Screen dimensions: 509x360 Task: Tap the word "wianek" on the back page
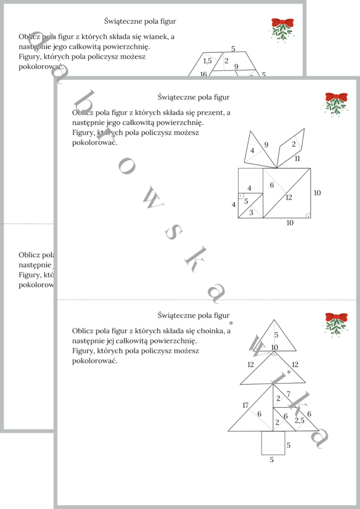coord(161,36)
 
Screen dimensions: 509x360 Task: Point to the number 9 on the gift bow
coord(266,145)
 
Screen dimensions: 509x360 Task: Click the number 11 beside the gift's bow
coord(297,158)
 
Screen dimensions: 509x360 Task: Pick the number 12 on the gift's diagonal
coord(289,197)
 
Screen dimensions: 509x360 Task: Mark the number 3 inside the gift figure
coord(251,213)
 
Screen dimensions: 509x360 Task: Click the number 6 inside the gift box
coord(272,185)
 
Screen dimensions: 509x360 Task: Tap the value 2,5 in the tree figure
coord(299,420)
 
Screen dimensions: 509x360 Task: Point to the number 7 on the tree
coord(288,394)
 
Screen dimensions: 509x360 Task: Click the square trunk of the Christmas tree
coord(273,442)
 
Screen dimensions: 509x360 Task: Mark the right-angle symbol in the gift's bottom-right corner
coord(307,215)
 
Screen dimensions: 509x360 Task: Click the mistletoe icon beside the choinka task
coord(336,324)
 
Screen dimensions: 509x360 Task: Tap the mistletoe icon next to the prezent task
coord(336,103)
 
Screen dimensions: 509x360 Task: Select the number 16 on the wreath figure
coord(203,74)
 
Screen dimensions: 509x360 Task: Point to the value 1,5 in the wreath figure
coord(207,61)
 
